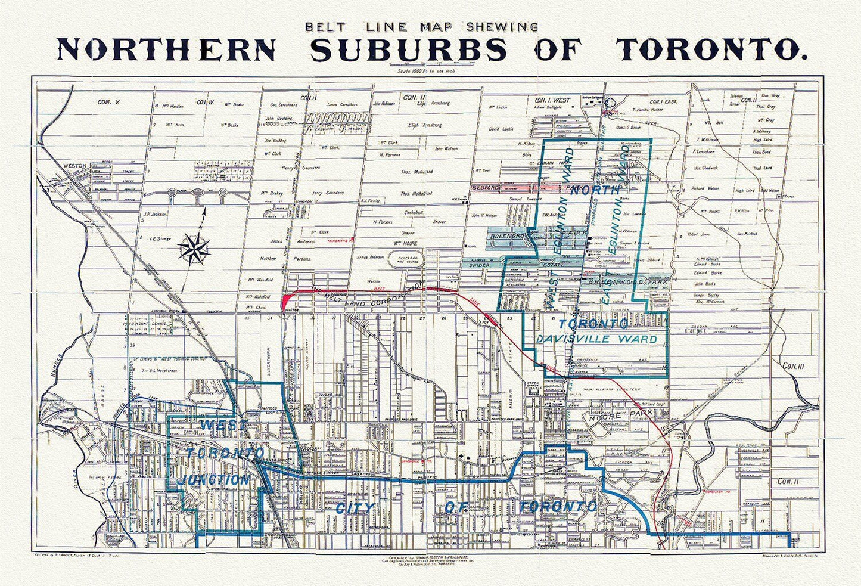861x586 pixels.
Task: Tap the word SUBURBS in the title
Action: [x=408, y=49]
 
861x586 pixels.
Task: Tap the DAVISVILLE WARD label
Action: [x=598, y=339]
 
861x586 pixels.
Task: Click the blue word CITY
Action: [x=349, y=508]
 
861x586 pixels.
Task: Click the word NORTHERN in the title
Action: [x=166, y=49]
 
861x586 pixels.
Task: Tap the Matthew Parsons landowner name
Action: [x=272, y=259]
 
